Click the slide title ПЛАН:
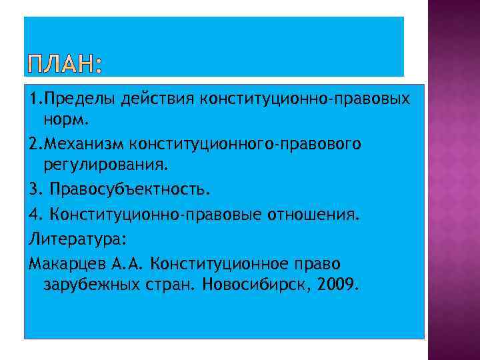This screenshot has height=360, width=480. tap(66, 65)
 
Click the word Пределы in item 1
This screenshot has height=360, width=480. tap(83, 99)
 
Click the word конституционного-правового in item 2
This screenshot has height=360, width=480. tap(255, 144)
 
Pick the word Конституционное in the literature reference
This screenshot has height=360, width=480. tap(216, 263)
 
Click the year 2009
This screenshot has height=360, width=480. tap(339, 285)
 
